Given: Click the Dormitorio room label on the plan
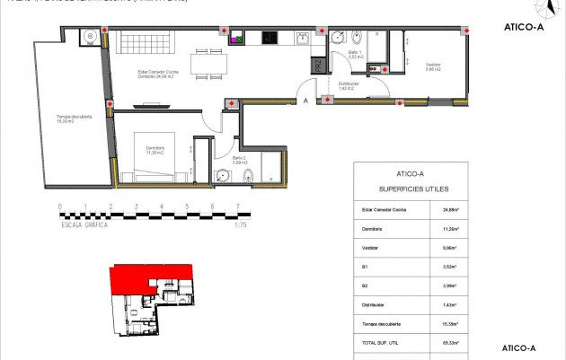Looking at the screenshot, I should click(x=146, y=150).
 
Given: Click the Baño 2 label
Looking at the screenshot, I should click(x=239, y=159).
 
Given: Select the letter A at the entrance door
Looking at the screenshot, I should click(x=306, y=101).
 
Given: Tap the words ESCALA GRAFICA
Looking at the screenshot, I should click(x=85, y=225).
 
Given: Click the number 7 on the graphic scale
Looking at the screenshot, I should click(x=237, y=206).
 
